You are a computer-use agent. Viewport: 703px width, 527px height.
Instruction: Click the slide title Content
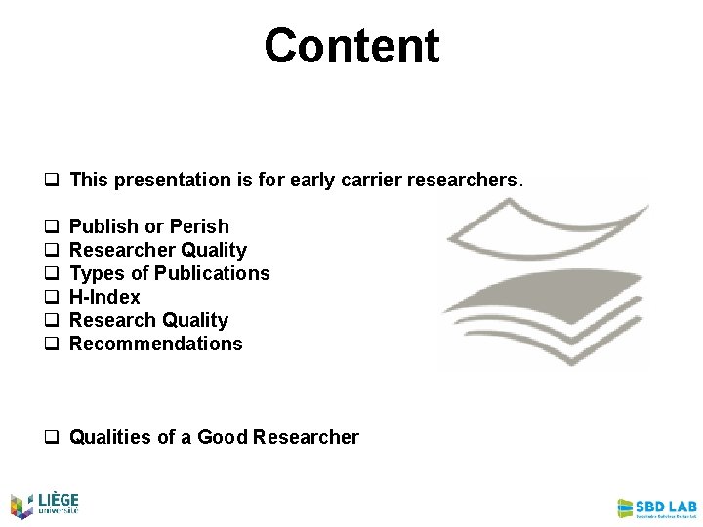[x=351, y=46]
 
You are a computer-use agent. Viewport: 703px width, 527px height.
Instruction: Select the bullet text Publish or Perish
[x=149, y=226]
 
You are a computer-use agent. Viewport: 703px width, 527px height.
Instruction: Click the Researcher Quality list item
[x=158, y=250]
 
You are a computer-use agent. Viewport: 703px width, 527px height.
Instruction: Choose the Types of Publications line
[x=169, y=273]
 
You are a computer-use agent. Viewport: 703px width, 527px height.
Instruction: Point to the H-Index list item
[x=104, y=297]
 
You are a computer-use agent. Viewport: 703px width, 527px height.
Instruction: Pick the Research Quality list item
[x=148, y=320]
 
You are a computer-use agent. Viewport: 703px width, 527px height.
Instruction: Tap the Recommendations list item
[x=155, y=344]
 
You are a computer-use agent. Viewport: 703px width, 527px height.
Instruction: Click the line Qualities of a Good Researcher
[x=214, y=437]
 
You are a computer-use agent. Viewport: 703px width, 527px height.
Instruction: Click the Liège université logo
[x=44, y=504]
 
